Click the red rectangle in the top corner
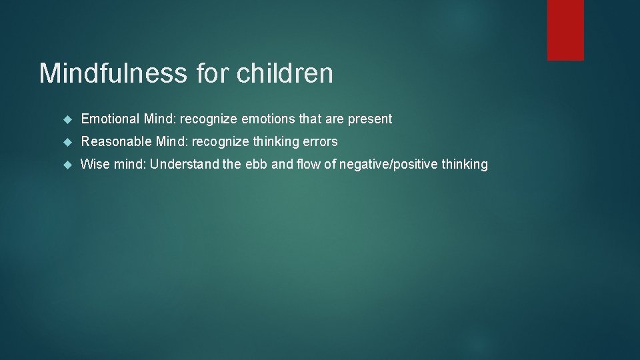click(x=565, y=30)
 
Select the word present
click(x=370, y=119)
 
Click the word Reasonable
click(x=116, y=141)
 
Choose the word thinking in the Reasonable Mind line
click(x=275, y=142)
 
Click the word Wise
click(x=95, y=164)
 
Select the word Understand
click(x=184, y=164)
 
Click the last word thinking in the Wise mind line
click(x=465, y=165)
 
